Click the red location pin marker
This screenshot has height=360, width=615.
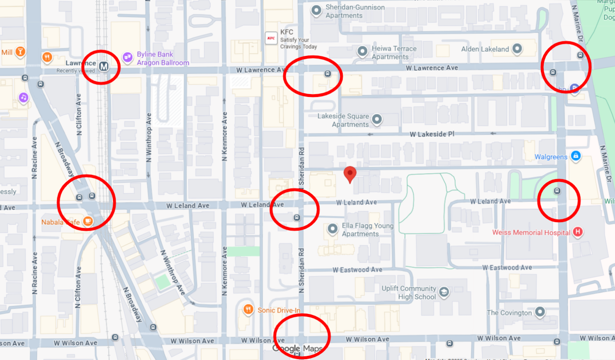[350, 174]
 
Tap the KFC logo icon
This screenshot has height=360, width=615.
[271, 38]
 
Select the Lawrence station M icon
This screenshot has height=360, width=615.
[104, 66]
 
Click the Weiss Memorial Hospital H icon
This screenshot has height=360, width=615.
[578, 232]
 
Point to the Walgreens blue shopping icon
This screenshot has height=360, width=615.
[575, 156]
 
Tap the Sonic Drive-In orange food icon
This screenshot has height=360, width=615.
[248, 309]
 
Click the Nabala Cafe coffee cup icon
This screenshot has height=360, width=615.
[88, 221]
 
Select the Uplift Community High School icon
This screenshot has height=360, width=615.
[444, 292]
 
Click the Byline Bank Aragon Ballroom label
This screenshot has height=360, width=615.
[163, 58]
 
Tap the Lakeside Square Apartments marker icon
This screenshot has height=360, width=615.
[377, 119]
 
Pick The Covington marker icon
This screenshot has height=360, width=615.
[540, 312]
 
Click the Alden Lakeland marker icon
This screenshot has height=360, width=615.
[517, 48]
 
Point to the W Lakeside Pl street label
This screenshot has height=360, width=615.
[432, 134]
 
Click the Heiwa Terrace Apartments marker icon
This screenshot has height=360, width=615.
[362, 51]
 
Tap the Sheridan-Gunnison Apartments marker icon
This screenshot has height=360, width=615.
[316, 11]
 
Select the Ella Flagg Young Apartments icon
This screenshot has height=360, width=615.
[333, 229]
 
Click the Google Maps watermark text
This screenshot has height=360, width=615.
[297, 349]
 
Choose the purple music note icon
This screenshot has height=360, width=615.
[24, 98]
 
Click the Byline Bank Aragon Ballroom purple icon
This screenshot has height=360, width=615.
[128, 57]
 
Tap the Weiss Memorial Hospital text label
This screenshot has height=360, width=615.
[531, 232]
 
